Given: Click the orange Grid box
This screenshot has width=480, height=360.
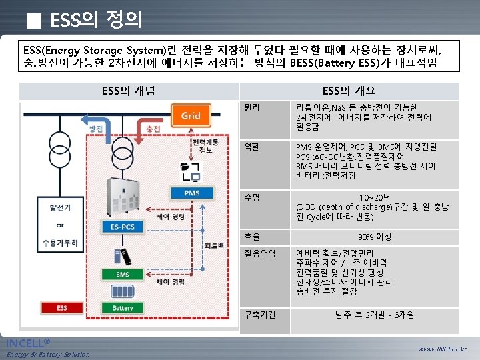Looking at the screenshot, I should [x=191, y=116].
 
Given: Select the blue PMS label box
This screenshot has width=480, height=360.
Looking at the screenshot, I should [x=192, y=193].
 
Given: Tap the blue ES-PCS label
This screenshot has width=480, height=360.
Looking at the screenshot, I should [x=123, y=227].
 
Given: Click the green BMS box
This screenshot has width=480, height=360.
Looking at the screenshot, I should [x=123, y=275].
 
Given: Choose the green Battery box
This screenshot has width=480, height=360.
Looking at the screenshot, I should [x=123, y=308].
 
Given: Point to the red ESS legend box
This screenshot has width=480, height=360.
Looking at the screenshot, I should [x=61, y=308].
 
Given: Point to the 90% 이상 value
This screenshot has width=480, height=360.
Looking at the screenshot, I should [x=375, y=237].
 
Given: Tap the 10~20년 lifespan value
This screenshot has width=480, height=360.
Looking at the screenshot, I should [x=375, y=197].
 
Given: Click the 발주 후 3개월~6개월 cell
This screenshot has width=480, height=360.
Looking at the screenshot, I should [x=375, y=315].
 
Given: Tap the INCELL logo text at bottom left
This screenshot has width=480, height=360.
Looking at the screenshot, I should [x=28, y=343].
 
